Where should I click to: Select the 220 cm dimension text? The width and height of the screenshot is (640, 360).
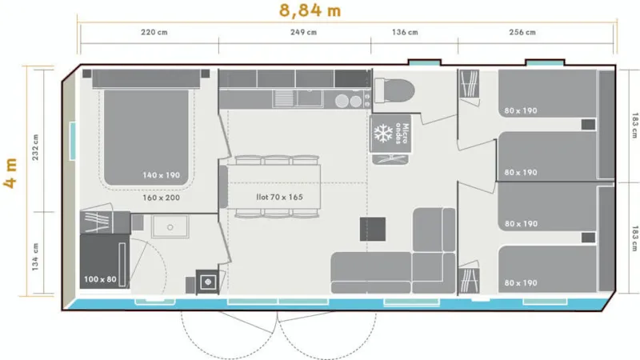click(x=154, y=33)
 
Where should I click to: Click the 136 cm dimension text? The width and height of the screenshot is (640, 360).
click(x=404, y=33)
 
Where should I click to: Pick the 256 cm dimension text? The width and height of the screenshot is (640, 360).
click(x=522, y=33)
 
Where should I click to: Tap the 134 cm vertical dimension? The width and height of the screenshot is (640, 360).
click(x=35, y=257)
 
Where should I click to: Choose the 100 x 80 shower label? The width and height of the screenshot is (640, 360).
click(x=100, y=280)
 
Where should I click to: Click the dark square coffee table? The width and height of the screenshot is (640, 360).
click(x=374, y=230)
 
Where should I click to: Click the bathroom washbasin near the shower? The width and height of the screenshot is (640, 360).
click(x=170, y=227)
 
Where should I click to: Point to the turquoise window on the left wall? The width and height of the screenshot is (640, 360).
click(x=73, y=139)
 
